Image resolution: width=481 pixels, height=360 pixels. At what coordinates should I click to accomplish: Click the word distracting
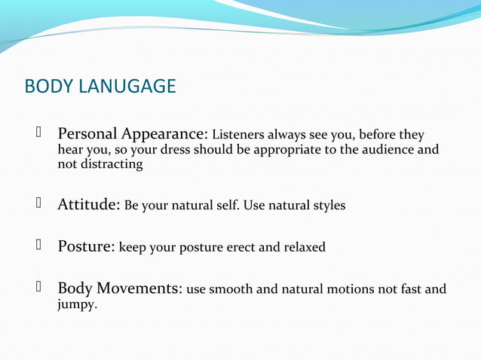coord(112,164)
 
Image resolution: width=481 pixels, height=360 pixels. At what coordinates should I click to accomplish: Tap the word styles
coord(328,206)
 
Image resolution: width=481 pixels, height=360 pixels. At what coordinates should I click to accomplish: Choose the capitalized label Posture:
coord(86,246)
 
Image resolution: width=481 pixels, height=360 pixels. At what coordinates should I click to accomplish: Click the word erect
coord(239,247)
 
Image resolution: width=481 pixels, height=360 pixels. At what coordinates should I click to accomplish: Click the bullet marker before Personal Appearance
coord(35,135)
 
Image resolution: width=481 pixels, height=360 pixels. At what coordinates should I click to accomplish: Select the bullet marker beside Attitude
coord(35,204)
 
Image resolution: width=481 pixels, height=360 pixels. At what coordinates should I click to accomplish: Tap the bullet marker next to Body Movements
coord(35,288)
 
